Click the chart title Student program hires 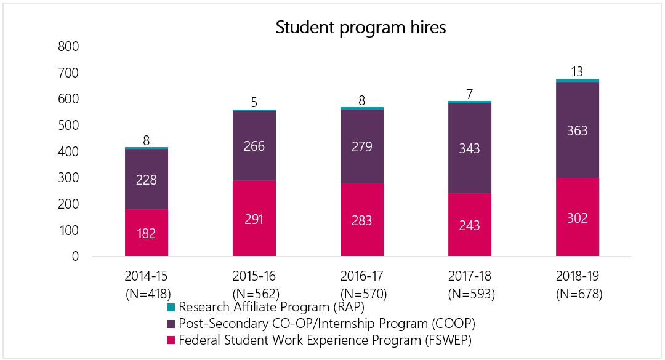click(x=360, y=28)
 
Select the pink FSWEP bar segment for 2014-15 click(x=147, y=233)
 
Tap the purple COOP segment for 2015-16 click(x=254, y=145)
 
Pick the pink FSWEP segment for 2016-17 click(x=362, y=219)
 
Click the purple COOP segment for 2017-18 click(x=470, y=148)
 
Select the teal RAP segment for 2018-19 click(x=578, y=81)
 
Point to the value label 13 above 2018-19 click(x=578, y=71)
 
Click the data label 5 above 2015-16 click(x=254, y=102)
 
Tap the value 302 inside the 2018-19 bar click(x=578, y=218)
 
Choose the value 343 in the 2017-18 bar click(x=470, y=149)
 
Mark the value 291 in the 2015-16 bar click(x=254, y=219)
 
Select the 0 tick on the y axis click(x=75, y=257)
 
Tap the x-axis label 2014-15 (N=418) click(x=147, y=284)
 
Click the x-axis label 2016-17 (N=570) click(x=362, y=284)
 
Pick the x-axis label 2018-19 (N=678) click(x=578, y=284)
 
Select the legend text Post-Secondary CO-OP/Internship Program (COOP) click(x=327, y=323)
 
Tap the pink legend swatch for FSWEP click(x=171, y=340)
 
